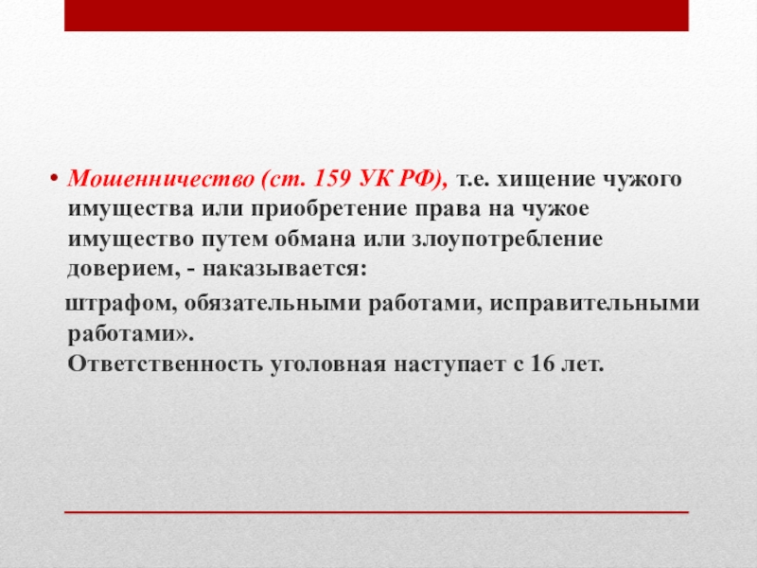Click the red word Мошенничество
coord(161,179)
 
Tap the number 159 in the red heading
coord(333,179)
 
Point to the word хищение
coord(548,180)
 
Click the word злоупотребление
coord(507,240)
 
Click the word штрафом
coord(121,304)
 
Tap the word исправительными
coord(595,304)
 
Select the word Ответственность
coord(165,364)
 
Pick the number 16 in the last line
coord(542,364)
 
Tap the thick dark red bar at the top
coord(377,15)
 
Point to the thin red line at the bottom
coord(377,511)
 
